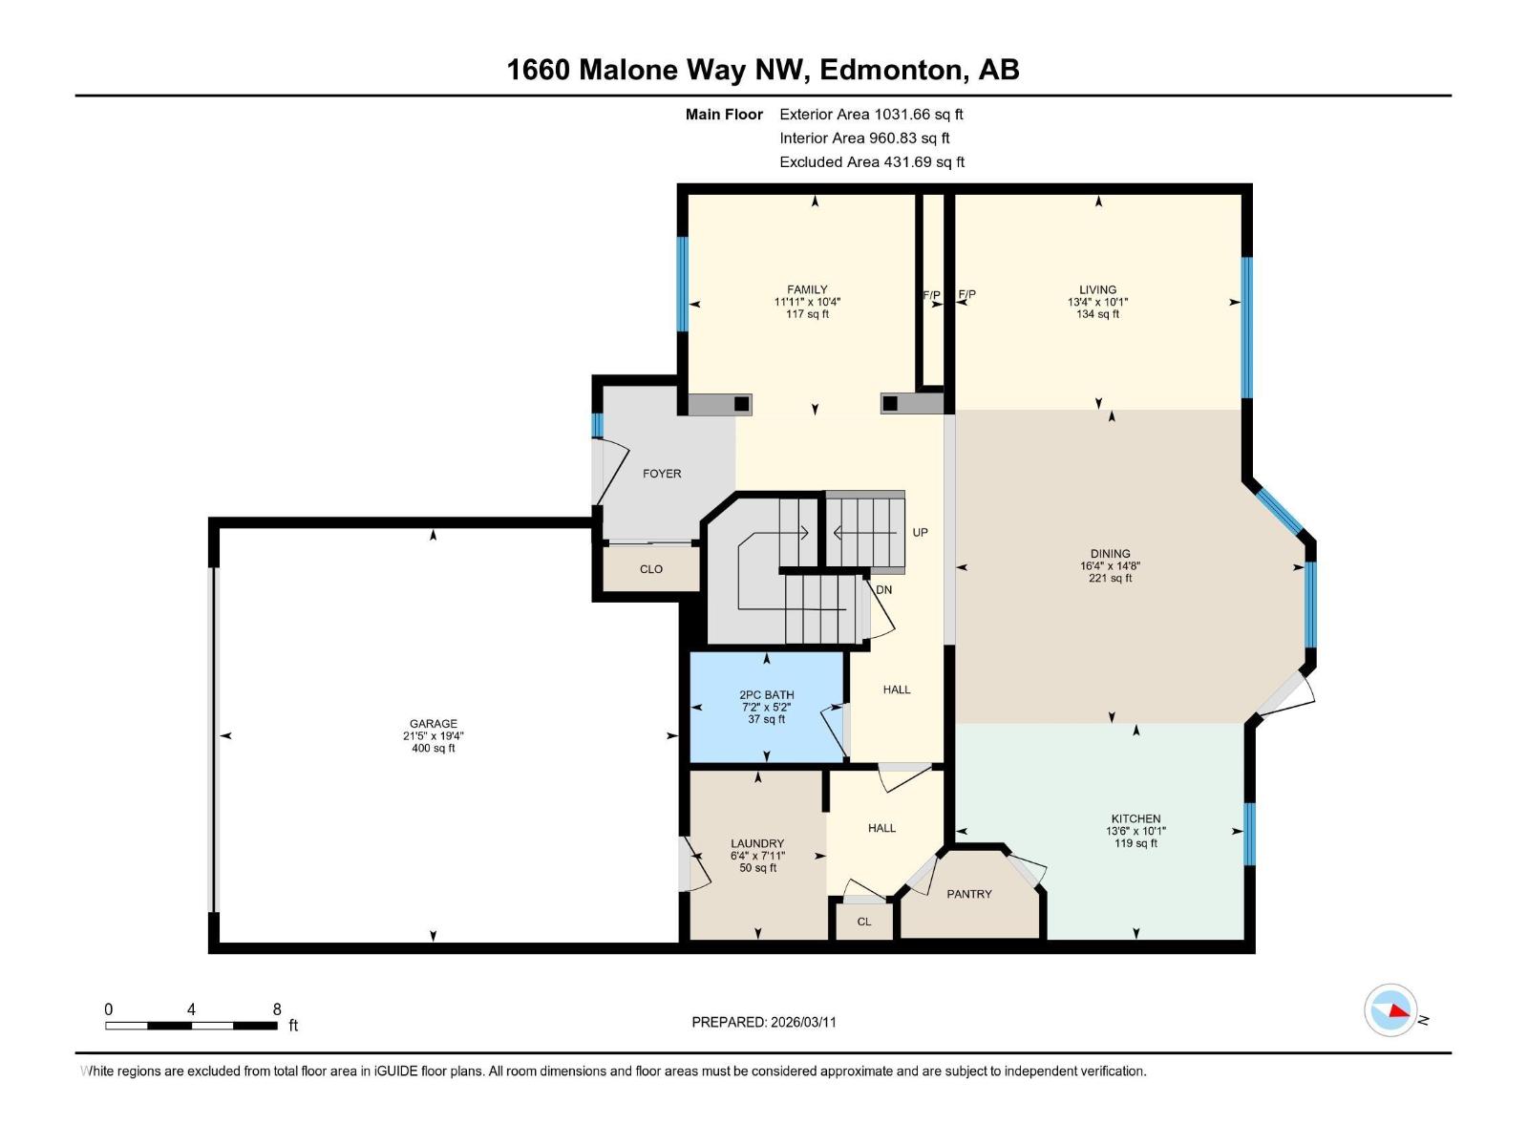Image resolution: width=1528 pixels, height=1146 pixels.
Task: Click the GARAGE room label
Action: point(433,723)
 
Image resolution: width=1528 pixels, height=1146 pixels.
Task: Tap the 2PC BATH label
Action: point(766,694)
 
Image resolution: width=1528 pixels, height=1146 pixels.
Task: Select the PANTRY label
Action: point(968,894)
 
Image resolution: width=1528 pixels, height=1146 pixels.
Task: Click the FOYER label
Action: point(662,474)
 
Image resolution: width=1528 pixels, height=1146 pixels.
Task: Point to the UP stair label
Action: point(920,532)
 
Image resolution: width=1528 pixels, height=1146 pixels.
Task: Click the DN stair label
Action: point(883,589)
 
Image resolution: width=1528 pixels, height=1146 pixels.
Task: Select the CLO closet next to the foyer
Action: point(650,569)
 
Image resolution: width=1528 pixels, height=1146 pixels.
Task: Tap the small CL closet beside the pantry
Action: point(863,922)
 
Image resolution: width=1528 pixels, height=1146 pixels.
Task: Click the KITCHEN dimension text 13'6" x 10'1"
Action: point(1135,831)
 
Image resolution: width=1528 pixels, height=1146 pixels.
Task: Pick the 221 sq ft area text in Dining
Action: point(1110,578)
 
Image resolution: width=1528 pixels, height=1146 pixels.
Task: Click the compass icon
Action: point(1390,1009)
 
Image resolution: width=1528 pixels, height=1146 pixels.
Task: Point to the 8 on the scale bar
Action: point(277,1009)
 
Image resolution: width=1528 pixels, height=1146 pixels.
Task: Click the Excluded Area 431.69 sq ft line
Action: point(871,161)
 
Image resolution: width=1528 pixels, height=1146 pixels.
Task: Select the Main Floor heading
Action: point(724,115)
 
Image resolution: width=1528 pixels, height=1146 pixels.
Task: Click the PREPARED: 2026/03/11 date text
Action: point(764,1022)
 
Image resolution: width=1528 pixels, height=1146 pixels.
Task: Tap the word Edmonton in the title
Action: point(889,70)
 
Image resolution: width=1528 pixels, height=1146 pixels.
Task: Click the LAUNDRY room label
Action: point(756,843)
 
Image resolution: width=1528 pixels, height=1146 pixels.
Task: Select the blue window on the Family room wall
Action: point(682,284)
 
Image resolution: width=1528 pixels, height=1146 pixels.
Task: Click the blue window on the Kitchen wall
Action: point(1249,834)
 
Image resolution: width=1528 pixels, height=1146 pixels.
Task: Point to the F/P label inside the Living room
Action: point(966,295)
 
